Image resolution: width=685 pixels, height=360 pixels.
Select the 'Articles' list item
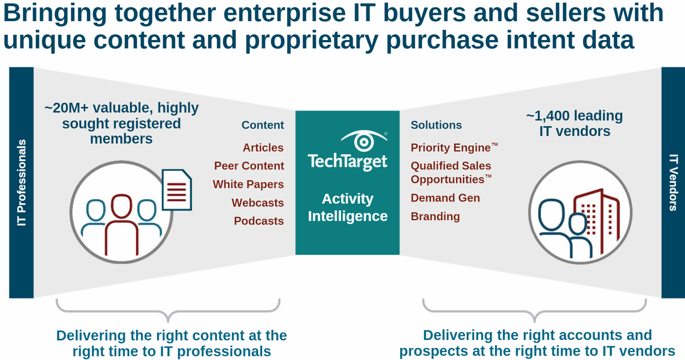click(x=263, y=148)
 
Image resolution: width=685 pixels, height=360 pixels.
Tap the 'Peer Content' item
click(x=249, y=166)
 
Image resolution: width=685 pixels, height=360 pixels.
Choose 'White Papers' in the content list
click(x=248, y=184)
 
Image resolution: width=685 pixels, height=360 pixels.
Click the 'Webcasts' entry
click(x=257, y=203)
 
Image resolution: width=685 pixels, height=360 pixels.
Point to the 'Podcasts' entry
click(x=259, y=221)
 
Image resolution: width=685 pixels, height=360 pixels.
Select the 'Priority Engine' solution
click(x=451, y=148)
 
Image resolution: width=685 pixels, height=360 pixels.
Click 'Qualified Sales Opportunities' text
click(x=450, y=172)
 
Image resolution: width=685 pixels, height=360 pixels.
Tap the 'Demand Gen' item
click(x=445, y=198)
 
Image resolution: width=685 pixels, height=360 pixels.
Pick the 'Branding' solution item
click(x=435, y=216)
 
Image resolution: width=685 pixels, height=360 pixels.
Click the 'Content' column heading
click(x=263, y=125)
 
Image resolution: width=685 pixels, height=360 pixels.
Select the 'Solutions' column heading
click(x=436, y=125)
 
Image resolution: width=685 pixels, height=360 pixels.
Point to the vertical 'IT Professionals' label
click(x=22, y=183)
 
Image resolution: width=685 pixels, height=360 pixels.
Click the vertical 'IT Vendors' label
click(x=673, y=183)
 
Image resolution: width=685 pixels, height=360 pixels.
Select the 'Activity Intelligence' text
click(x=348, y=208)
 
